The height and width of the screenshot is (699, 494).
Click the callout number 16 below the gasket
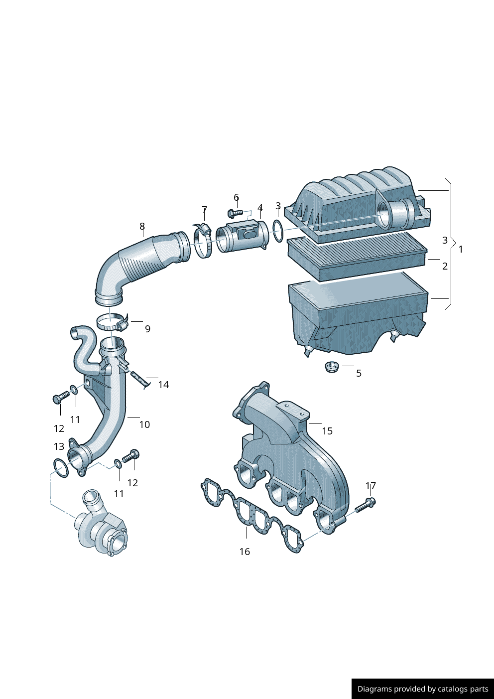[x=245, y=552]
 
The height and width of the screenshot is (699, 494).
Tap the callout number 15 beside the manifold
[x=327, y=431]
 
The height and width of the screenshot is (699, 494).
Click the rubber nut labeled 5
[x=332, y=368]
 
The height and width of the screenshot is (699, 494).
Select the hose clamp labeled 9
[x=112, y=322]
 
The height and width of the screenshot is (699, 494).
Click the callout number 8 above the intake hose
[x=142, y=227]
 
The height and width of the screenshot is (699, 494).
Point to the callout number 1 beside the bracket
[x=461, y=249]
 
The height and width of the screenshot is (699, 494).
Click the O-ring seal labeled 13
[x=61, y=468]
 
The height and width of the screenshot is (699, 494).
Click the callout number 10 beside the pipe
[x=144, y=424]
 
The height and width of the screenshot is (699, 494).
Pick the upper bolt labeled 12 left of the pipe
[x=61, y=397]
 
